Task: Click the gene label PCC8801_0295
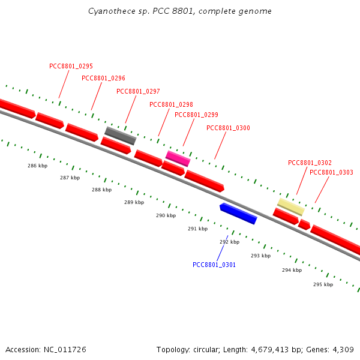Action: (x=71, y=66)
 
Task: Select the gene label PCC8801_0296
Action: (x=103, y=78)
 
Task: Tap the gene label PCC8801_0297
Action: (x=138, y=91)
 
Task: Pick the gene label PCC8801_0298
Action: (x=171, y=104)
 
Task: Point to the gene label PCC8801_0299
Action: (x=196, y=115)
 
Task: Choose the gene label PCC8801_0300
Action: (x=228, y=128)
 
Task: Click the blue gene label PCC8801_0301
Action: (x=214, y=265)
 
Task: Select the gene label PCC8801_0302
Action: (x=310, y=163)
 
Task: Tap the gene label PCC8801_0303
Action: (x=331, y=172)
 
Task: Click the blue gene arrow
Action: (x=238, y=214)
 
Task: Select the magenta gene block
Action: (x=178, y=158)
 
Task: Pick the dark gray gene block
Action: (x=120, y=136)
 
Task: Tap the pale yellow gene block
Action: (x=290, y=206)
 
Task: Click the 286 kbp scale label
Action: (x=37, y=166)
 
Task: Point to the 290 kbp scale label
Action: (x=166, y=215)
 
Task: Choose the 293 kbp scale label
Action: (x=260, y=256)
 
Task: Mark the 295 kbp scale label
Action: (x=323, y=284)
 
